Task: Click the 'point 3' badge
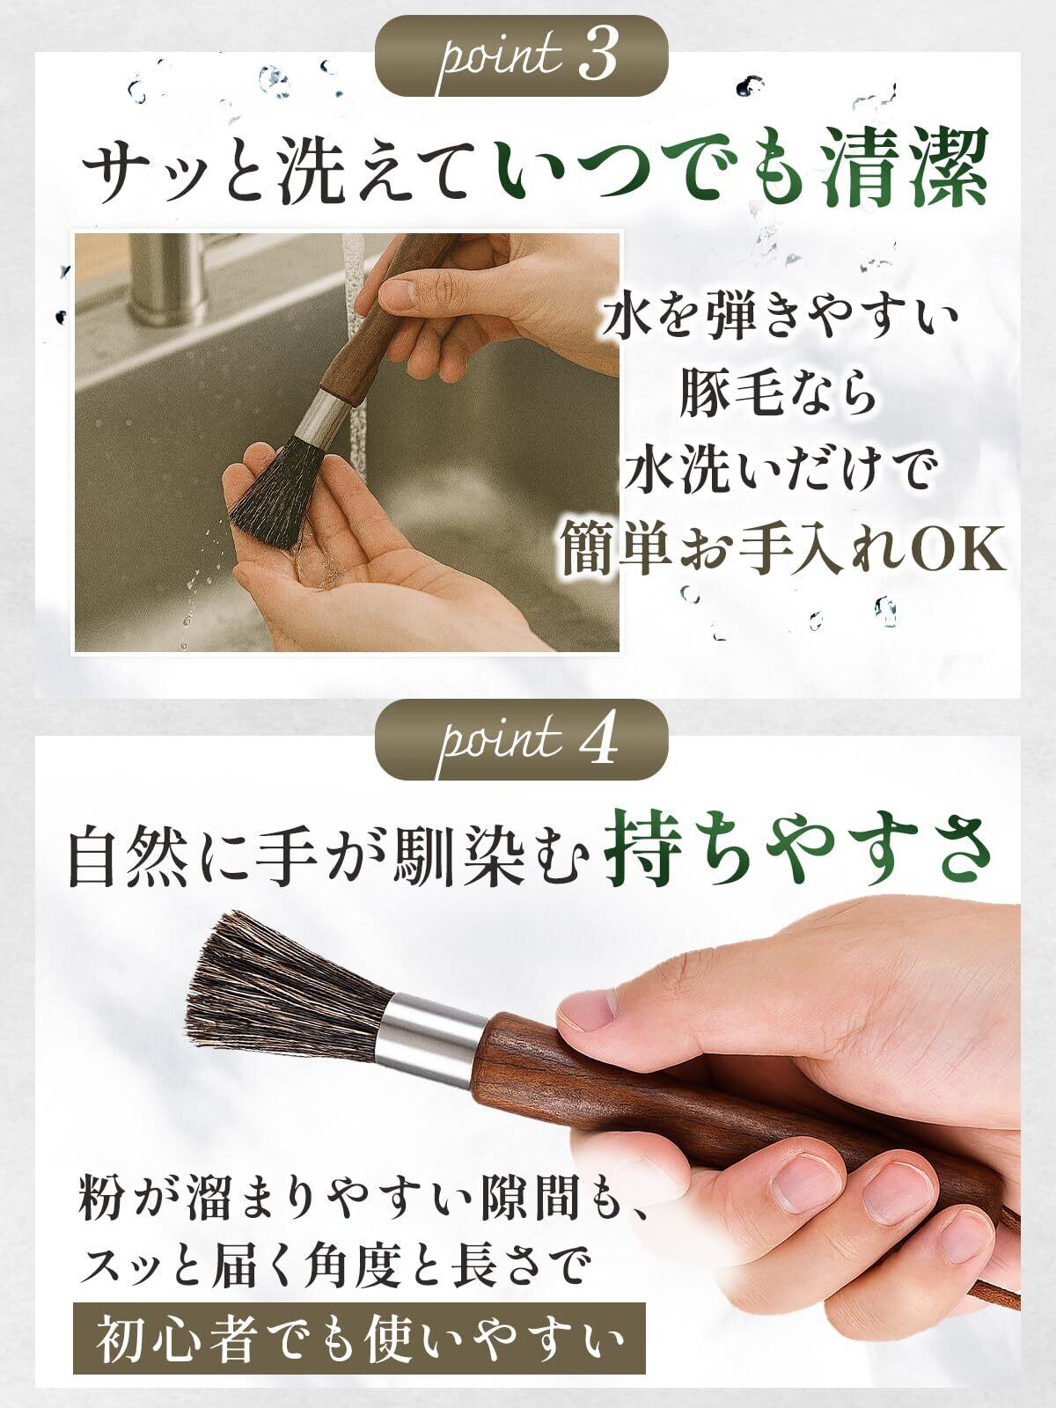(x=521, y=55)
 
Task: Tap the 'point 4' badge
(x=521, y=739)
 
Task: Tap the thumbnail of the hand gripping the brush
(x=584, y=1020)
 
